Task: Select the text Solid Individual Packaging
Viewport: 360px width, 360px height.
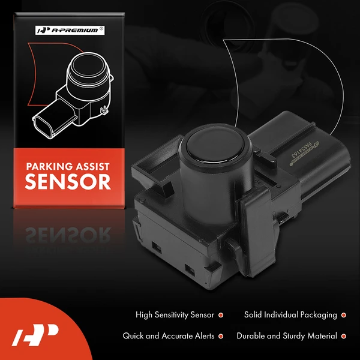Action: coord(290,315)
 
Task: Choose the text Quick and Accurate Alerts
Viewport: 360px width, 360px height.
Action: coord(169,336)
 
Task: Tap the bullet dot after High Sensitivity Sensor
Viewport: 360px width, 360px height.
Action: coord(221,315)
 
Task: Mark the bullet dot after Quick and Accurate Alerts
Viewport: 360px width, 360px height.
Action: coord(221,336)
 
